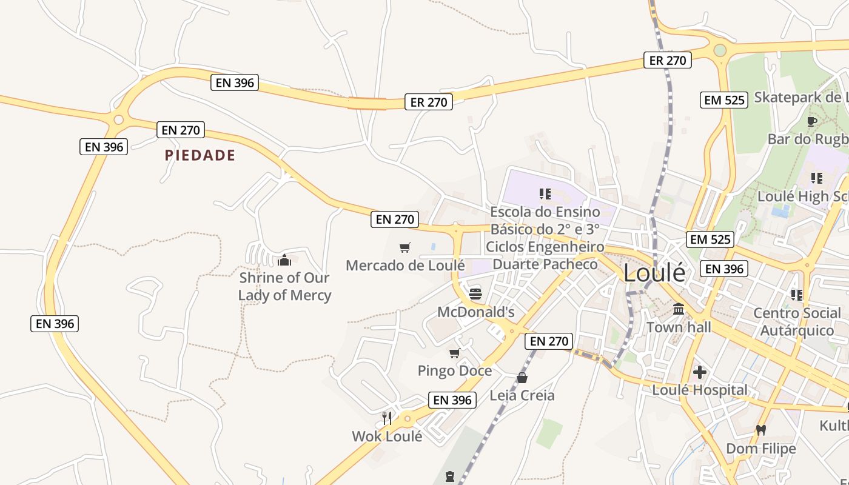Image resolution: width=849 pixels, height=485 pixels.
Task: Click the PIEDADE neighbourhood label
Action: [x=200, y=155]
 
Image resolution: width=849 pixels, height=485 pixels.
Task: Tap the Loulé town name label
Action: [x=654, y=273]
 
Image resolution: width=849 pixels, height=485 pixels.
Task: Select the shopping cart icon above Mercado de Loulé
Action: [x=404, y=247]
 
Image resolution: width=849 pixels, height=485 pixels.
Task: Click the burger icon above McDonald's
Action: [x=475, y=294]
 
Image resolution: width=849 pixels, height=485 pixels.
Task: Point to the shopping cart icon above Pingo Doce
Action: [x=454, y=353]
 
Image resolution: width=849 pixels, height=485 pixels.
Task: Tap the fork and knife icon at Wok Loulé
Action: [x=387, y=418]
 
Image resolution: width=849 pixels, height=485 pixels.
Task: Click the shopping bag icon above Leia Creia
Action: [x=522, y=378]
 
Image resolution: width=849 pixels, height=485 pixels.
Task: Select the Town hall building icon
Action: [x=679, y=309]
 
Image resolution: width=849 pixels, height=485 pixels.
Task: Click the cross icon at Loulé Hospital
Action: [x=699, y=372]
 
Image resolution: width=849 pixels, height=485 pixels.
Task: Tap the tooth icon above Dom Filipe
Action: [x=761, y=430]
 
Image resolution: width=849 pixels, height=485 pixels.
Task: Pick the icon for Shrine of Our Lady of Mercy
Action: [x=284, y=260]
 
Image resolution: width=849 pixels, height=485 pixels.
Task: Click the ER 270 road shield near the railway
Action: [x=667, y=60]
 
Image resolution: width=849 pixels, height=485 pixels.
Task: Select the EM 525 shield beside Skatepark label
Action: [x=724, y=99]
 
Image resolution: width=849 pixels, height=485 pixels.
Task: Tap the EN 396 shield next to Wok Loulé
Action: [x=452, y=400]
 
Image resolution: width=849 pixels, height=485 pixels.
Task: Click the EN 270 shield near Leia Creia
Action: [x=549, y=341]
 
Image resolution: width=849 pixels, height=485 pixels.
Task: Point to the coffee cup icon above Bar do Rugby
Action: [x=812, y=121]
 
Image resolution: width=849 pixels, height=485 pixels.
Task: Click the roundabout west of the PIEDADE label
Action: [x=119, y=120]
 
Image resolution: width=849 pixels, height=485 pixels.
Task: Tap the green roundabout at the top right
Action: [x=720, y=50]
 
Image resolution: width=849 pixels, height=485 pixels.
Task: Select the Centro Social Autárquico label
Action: [x=796, y=322]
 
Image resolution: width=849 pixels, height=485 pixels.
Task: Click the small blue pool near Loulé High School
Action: [x=780, y=211]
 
